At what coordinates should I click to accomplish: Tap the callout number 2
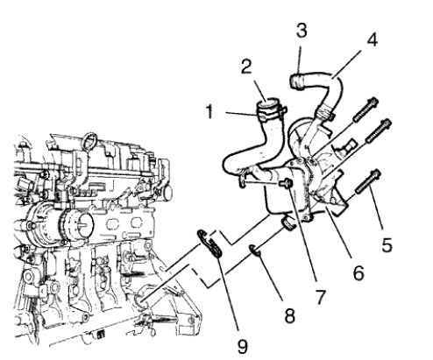[247, 67]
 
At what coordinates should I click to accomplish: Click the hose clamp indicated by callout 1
[267, 111]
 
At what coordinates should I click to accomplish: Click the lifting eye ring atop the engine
[90, 138]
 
